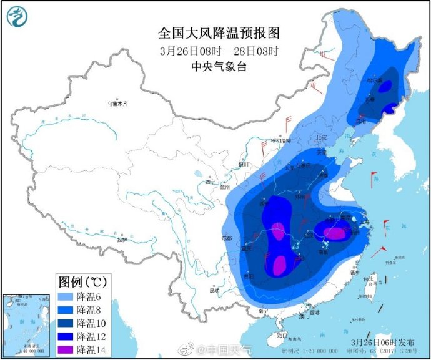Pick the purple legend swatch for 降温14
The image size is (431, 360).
coord(65,349)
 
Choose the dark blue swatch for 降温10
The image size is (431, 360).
coord(65,323)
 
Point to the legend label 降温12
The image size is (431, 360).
coord(89,336)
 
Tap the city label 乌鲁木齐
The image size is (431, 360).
coord(117,104)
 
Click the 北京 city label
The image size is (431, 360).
coord(322,137)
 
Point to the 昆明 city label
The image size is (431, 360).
coord(215,290)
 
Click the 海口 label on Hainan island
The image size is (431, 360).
coord(282,335)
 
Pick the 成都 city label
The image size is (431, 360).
coord(226,238)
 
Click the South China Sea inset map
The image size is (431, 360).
coord(26,324)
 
